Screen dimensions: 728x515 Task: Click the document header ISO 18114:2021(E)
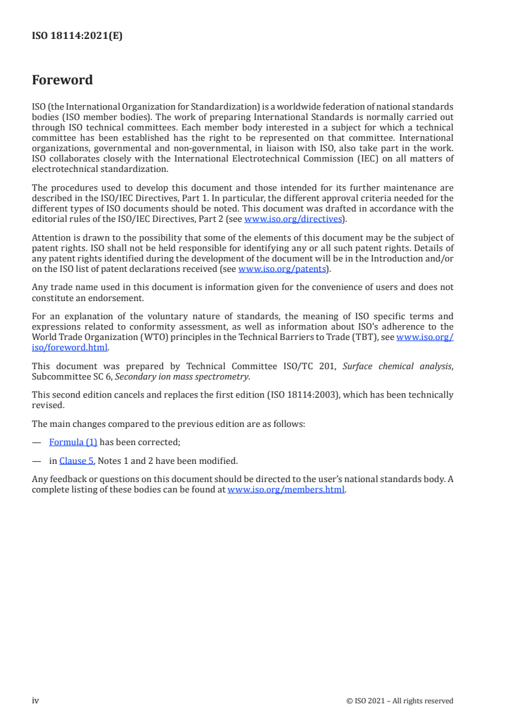point(77,36)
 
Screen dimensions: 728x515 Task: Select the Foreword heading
point(62,80)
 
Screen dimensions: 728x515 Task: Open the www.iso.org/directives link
point(292,219)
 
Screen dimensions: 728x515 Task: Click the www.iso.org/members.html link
point(286,490)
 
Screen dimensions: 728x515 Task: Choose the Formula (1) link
point(73,443)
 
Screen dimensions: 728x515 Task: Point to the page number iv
point(36,700)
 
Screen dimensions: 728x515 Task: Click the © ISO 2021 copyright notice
point(400,701)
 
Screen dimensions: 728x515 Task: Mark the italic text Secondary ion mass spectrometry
point(181,376)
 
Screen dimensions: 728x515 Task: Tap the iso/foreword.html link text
point(70,347)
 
